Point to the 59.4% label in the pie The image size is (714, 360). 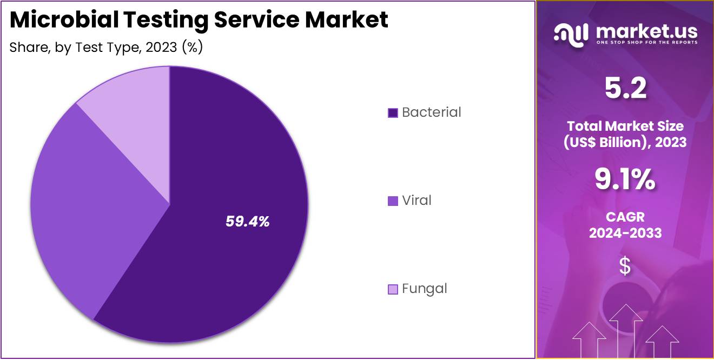coord(247,221)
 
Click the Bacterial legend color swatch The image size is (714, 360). coord(393,113)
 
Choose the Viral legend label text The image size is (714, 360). coord(416,201)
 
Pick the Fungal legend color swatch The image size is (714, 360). coord(393,289)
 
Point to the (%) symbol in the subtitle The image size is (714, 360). coord(192,48)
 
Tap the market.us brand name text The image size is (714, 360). coord(646,31)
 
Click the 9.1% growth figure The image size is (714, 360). coord(625,179)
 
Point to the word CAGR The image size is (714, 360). coord(625,217)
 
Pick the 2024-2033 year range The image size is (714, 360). coord(625,233)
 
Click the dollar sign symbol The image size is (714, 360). coord(625,266)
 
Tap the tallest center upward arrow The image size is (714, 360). coord(626,330)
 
